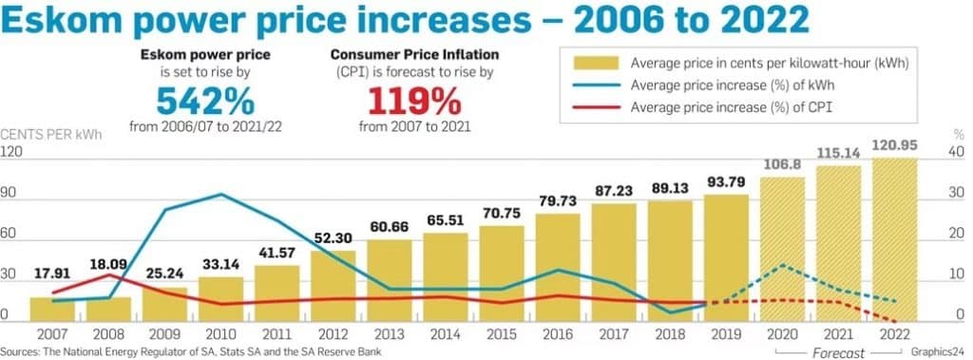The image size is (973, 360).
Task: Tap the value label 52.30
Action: point(334,238)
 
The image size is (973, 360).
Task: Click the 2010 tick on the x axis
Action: point(221,333)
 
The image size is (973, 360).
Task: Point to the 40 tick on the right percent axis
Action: point(957,152)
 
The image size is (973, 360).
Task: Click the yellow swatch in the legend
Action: point(595,64)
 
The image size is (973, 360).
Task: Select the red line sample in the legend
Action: point(595,107)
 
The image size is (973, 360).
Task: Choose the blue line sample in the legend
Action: point(595,85)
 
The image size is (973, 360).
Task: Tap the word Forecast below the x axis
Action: point(837,352)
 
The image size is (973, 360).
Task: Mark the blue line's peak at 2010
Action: point(221,194)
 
